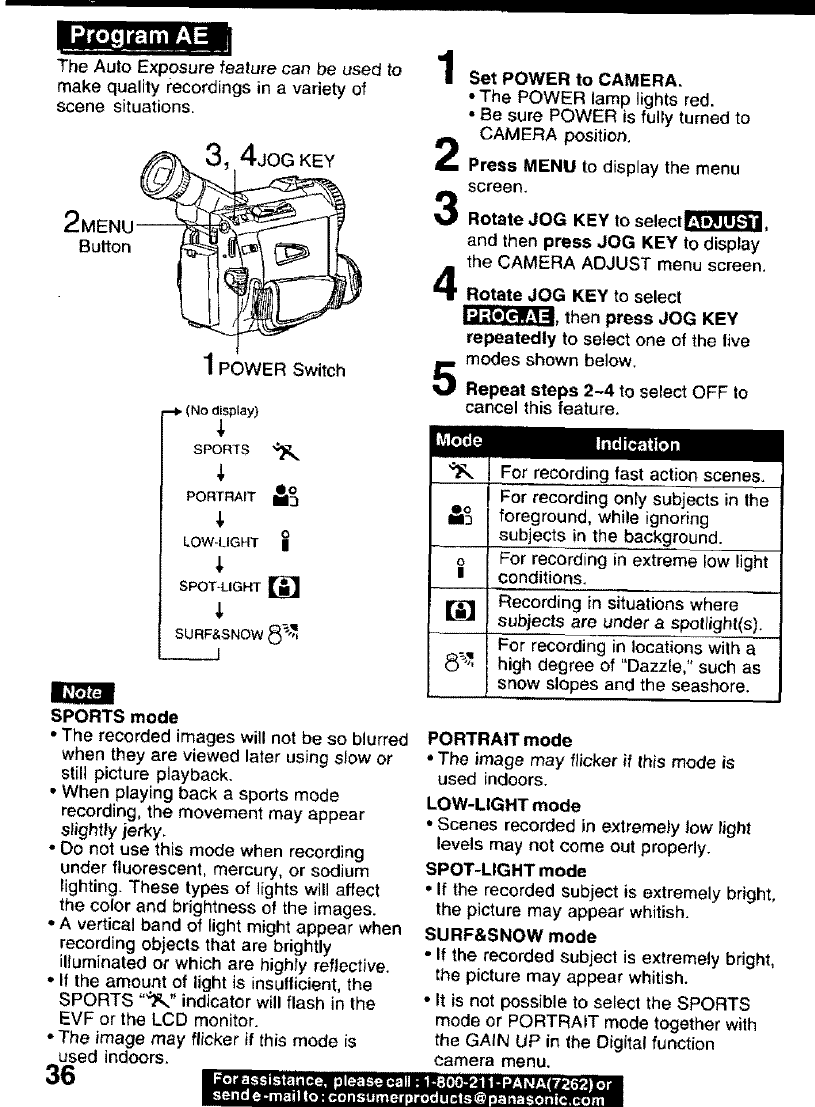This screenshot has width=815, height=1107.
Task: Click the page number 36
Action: [61, 1077]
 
